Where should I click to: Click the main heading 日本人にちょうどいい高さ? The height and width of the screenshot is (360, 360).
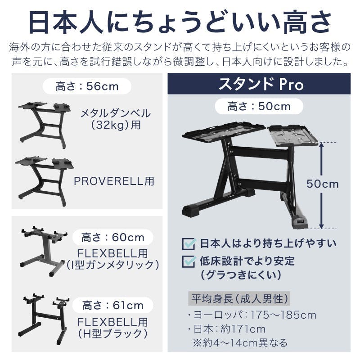[x=180, y=22]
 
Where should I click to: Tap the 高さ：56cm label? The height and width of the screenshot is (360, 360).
[x=87, y=86]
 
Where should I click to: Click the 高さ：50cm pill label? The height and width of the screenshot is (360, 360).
[x=259, y=107]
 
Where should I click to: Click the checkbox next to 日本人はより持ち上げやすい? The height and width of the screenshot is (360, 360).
[x=188, y=244]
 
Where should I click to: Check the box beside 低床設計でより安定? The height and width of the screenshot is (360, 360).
[x=188, y=261]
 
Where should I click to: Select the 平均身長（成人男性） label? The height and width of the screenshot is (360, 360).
[x=238, y=298]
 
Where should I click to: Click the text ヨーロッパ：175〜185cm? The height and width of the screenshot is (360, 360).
[x=254, y=315]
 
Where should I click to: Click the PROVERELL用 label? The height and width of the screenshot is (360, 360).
[x=114, y=181]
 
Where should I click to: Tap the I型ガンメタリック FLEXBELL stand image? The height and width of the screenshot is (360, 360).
[x=44, y=251]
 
